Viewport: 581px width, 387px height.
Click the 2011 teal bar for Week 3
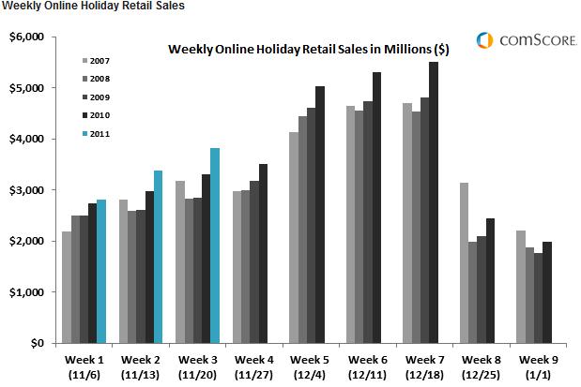coord(215,246)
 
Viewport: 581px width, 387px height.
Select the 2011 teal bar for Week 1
coord(101,272)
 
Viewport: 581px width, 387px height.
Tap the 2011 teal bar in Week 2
coord(158,257)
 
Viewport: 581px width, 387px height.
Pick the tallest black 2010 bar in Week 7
coord(434,202)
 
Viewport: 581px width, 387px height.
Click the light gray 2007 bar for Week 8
coord(464,263)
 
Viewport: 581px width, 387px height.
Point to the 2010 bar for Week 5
coord(320,215)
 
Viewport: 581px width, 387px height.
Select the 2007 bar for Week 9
coord(521,287)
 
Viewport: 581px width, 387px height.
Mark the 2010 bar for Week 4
coord(263,253)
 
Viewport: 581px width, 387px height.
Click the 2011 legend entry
coord(96,134)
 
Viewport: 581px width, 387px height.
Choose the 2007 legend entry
coord(96,61)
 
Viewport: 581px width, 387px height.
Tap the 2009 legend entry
coord(96,97)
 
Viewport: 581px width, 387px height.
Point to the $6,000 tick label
coord(26,37)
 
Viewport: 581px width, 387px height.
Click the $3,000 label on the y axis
coord(26,190)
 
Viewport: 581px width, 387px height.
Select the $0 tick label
coord(37,343)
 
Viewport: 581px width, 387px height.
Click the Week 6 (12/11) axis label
coord(368,367)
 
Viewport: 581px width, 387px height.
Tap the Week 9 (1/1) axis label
coord(539,367)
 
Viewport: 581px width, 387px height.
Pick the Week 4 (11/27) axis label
coord(253,367)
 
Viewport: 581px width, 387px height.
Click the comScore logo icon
coord(484,40)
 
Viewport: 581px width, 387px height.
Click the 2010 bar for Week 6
coord(376,208)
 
